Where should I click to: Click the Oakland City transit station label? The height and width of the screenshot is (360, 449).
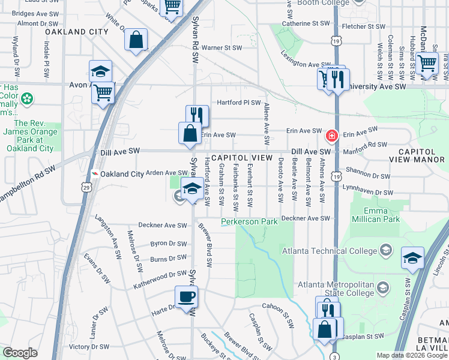(x=122, y=174)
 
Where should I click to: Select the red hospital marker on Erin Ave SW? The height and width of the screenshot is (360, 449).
(x=331, y=136)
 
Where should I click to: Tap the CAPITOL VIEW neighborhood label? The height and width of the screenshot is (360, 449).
(x=237, y=157)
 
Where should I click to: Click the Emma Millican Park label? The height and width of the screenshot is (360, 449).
(x=382, y=215)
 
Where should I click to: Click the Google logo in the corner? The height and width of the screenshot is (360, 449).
(x=20, y=352)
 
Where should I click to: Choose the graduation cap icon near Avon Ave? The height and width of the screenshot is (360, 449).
(x=101, y=72)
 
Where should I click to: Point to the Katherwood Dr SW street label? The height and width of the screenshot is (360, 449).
(x=160, y=277)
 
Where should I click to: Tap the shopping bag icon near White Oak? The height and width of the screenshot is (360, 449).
(x=136, y=41)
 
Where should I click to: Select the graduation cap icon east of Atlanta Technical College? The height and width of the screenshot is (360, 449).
(x=412, y=258)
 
